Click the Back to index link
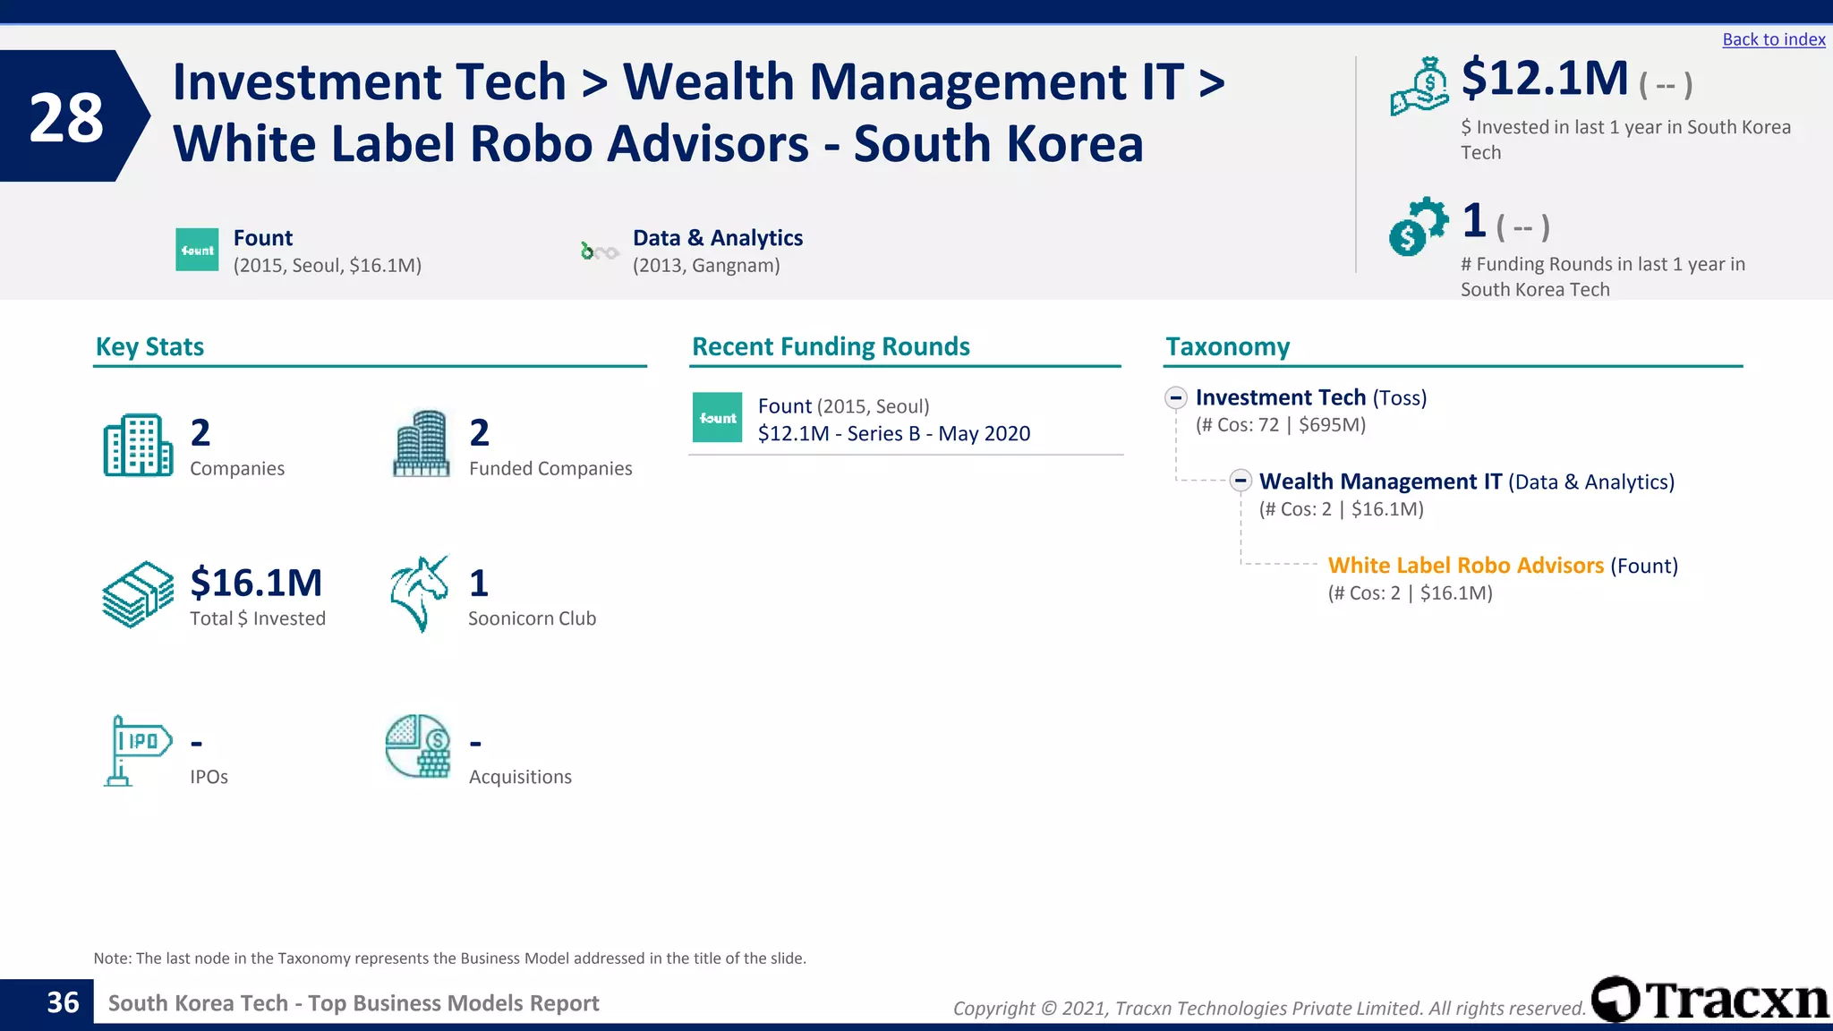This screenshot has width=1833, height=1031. tap(1773, 39)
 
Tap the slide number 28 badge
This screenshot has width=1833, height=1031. tap(67, 117)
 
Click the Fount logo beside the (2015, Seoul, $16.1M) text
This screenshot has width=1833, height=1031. tap(197, 250)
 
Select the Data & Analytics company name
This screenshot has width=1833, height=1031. tap(717, 238)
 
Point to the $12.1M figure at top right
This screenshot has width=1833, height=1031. tap(1545, 79)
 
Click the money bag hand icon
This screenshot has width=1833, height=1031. tap(1420, 86)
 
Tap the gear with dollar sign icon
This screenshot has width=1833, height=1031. tap(1418, 226)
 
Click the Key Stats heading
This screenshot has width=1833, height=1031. tap(149, 347)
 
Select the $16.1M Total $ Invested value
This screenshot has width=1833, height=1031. tap(256, 583)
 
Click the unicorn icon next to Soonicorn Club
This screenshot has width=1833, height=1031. tap(419, 593)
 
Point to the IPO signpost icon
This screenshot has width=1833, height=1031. tap(136, 750)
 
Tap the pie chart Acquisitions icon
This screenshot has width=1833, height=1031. tap(418, 746)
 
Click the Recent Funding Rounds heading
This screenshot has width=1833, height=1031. tap(831, 347)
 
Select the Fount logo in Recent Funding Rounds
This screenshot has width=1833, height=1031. tap(717, 418)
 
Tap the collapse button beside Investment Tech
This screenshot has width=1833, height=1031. tap(1176, 397)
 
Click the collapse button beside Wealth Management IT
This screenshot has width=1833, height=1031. tap(1240, 481)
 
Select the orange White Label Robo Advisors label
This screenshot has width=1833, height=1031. tap(1465, 566)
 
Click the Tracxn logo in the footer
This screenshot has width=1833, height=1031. tap(1710, 1000)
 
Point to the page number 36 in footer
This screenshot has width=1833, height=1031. tap(63, 1003)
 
